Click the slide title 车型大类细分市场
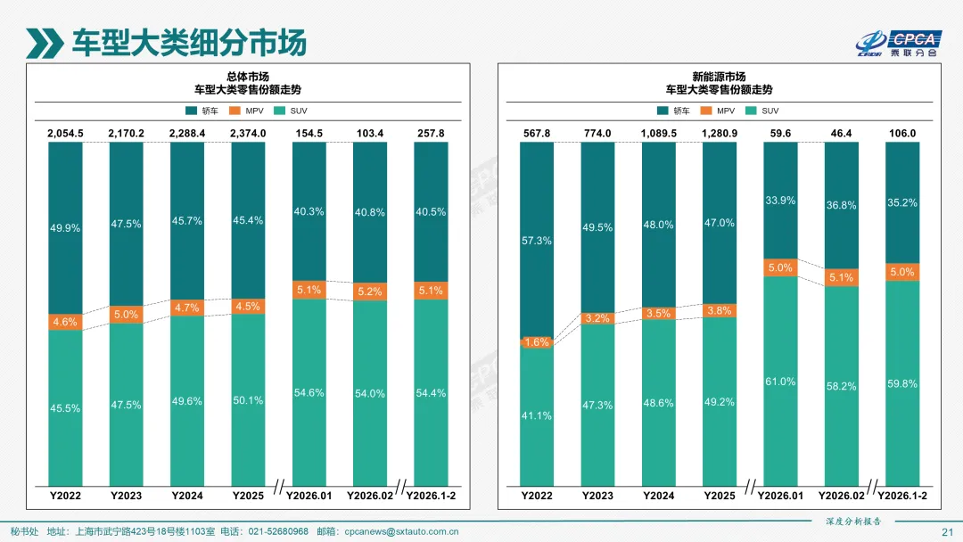point(188,42)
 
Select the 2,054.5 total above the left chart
point(65,133)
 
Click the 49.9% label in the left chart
point(65,228)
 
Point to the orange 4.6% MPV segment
point(65,322)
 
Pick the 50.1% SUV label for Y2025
point(247,400)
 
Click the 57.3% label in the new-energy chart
point(537,242)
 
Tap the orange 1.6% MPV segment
point(537,342)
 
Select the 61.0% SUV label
point(779,382)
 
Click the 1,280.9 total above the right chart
point(719,133)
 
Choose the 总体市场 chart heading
point(247,77)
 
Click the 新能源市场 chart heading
point(719,77)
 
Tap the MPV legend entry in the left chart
point(251,111)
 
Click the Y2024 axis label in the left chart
point(186,495)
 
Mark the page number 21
point(947,532)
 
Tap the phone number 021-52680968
point(277,532)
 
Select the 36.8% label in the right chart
point(840,205)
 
